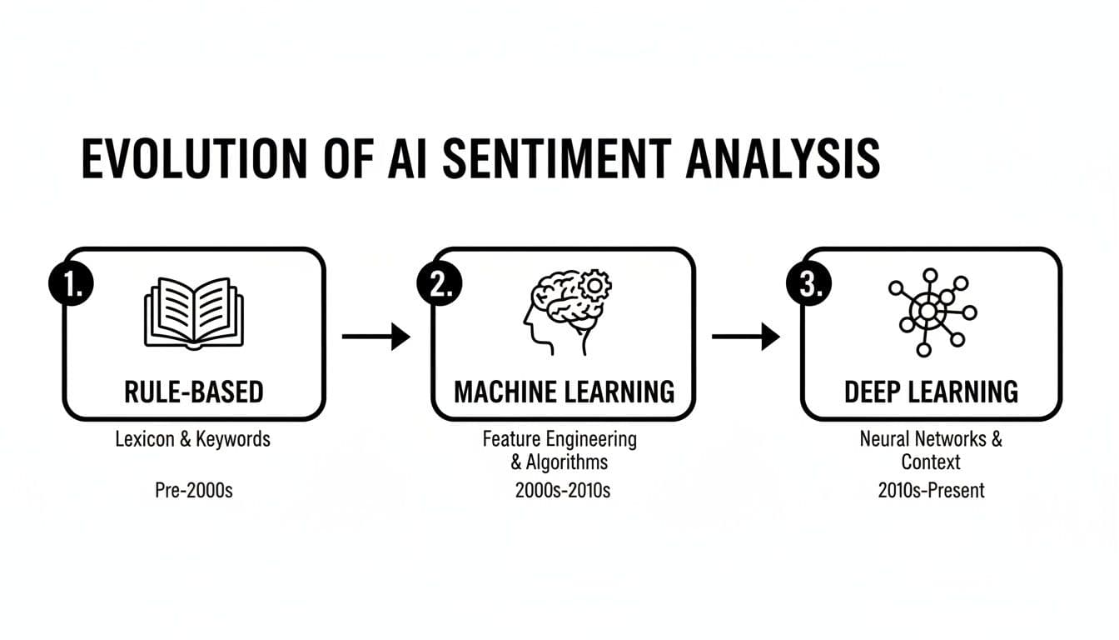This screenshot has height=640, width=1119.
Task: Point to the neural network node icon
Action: tap(931, 312)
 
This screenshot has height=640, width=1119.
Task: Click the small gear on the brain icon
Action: tap(594, 286)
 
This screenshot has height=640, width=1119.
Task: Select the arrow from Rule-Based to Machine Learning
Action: tap(376, 337)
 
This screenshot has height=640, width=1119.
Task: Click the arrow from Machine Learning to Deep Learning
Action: tap(746, 337)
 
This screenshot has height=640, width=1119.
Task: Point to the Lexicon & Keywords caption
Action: tap(193, 439)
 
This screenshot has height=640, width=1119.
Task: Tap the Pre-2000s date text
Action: tap(194, 490)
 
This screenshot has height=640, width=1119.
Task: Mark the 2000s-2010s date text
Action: tap(563, 490)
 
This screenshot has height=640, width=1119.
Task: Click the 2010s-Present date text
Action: tap(931, 490)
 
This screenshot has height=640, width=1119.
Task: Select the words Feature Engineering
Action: tap(559, 438)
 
